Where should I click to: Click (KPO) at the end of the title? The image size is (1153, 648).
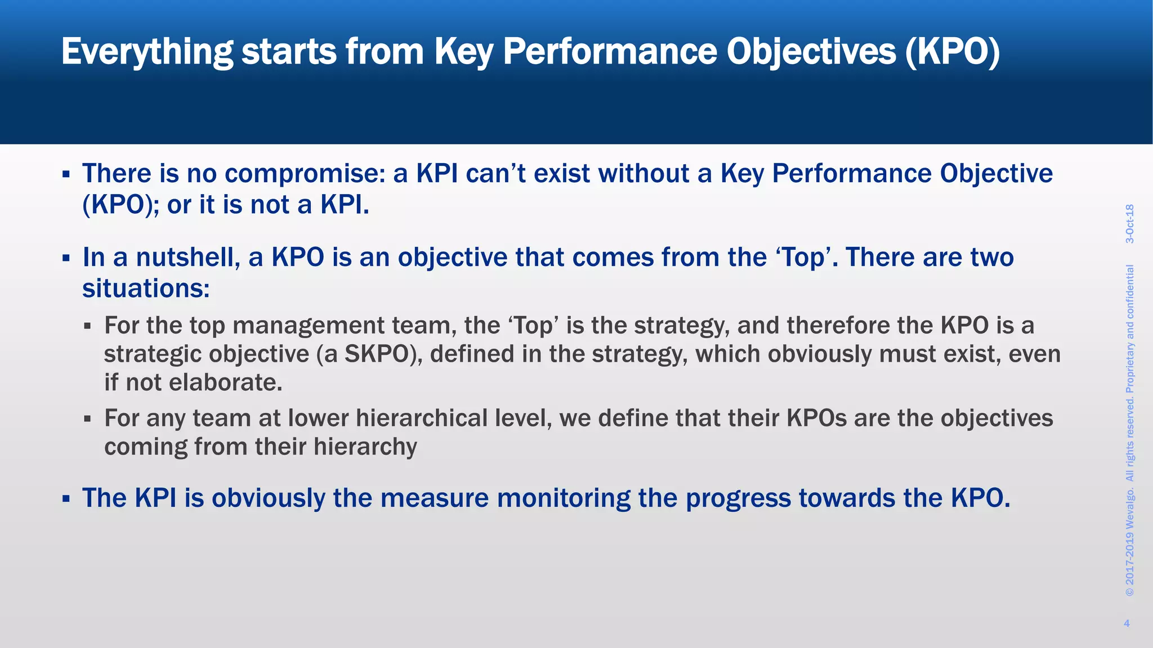pos(953,52)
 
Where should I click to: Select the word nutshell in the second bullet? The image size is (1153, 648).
pos(188,258)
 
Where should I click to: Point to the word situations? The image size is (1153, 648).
pos(146,289)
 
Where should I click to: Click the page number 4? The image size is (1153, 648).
pos(1127,623)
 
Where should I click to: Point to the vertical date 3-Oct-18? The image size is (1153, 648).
pos(1129,224)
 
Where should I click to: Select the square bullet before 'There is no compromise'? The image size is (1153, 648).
pos(66,174)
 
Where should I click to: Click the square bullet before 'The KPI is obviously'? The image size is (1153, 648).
pos(66,499)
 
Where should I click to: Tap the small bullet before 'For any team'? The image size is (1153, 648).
pos(87,419)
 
